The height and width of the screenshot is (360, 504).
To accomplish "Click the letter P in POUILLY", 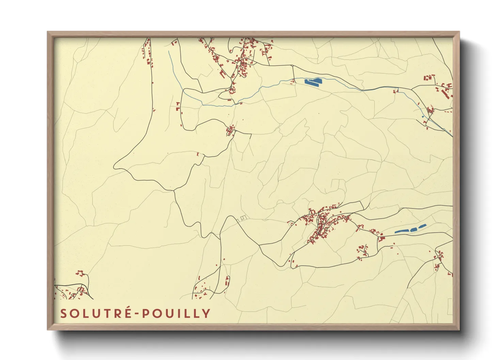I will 145,313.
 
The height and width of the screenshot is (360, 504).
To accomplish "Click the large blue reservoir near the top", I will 313,81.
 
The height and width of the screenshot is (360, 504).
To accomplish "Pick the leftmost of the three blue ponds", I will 401,231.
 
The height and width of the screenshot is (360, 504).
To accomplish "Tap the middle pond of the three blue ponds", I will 413,229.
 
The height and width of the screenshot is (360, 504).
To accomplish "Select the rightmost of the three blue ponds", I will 423,226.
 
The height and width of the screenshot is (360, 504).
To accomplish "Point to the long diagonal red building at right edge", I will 445,94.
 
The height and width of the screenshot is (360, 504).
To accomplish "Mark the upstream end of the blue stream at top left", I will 169,52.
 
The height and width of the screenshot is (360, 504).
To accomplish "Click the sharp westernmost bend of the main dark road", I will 114,167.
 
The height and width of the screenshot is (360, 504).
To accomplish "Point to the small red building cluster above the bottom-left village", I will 80,273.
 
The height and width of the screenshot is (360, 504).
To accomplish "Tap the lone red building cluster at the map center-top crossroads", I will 231,130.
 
